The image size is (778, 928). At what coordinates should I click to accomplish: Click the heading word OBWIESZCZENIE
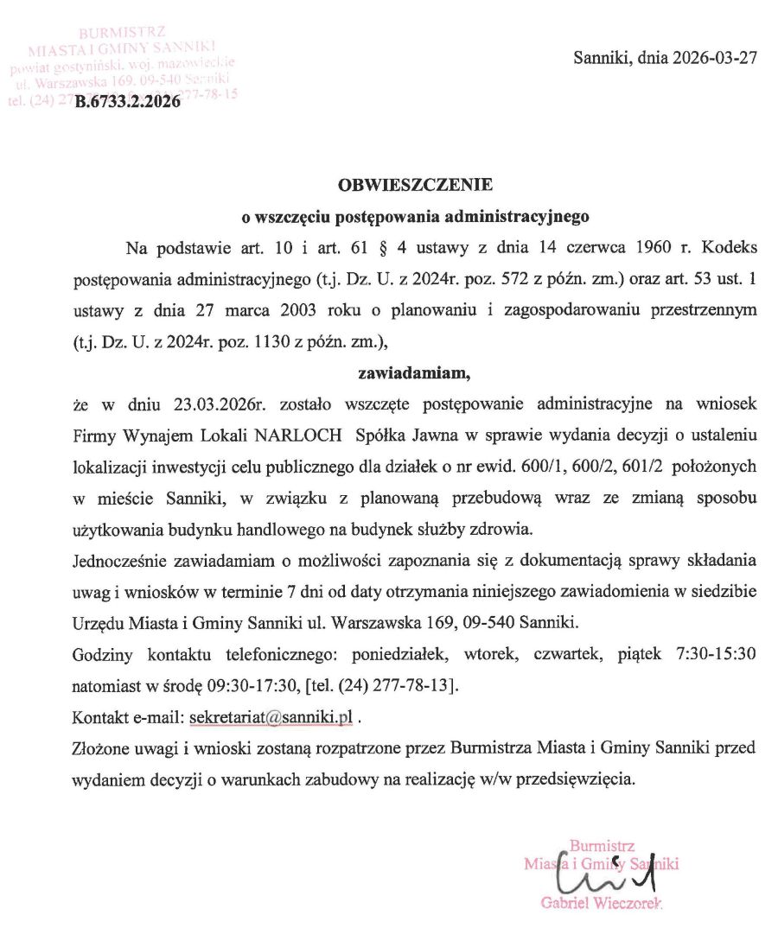coord(415,184)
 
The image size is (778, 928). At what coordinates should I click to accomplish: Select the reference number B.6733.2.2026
coord(128,101)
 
